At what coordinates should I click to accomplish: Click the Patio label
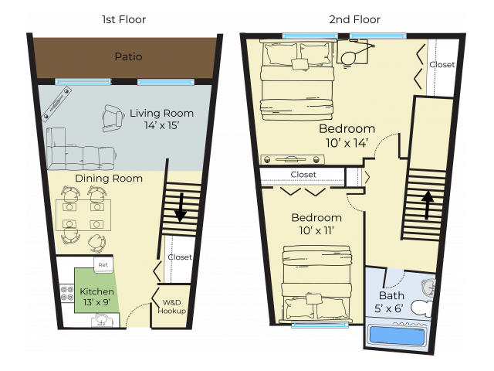[128, 56]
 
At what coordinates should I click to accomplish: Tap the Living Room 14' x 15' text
[161, 119]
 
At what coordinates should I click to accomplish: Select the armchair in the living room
[113, 118]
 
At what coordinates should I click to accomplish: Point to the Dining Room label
[108, 179]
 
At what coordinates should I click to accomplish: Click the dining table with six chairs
[83, 220]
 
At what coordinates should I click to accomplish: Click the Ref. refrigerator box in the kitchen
[102, 265]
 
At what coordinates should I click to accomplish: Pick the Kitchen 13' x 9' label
[97, 298]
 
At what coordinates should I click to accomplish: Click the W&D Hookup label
[172, 307]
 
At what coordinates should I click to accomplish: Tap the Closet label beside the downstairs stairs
[179, 257]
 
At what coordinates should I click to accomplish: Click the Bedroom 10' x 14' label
[347, 135]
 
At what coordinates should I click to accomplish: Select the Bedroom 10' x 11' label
[316, 223]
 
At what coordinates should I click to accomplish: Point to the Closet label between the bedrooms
[303, 175]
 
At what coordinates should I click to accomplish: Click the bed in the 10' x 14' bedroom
[297, 81]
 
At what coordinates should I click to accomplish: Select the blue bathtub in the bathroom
[397, 335]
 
